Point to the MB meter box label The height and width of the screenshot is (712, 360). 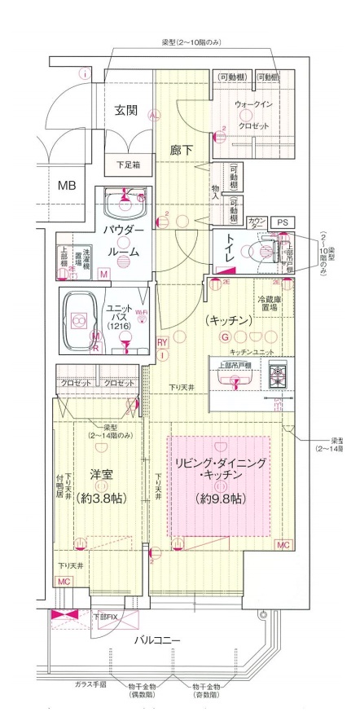66,185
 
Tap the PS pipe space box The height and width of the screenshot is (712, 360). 282,222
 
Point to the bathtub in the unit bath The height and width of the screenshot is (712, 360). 81,319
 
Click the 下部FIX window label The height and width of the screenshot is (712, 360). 107,617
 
